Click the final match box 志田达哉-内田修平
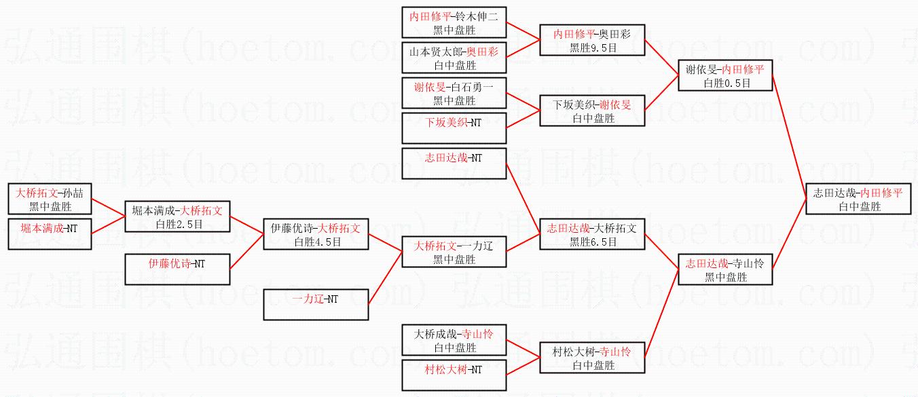858,199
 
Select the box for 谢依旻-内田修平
725,75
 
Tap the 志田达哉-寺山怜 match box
725,269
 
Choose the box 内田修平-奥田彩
592,40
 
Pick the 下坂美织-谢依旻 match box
592,111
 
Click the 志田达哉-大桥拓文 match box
592,235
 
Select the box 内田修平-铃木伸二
454,22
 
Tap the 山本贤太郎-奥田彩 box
454,58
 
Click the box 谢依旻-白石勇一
454,93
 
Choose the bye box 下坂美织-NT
454,128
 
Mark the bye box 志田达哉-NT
454,164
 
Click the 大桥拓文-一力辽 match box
454,252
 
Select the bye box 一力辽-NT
316,304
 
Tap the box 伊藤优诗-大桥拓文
316,234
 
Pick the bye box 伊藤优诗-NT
177,269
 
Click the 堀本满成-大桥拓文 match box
177,216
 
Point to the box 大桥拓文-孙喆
50,199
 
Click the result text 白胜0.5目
725,83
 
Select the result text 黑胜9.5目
592,48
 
